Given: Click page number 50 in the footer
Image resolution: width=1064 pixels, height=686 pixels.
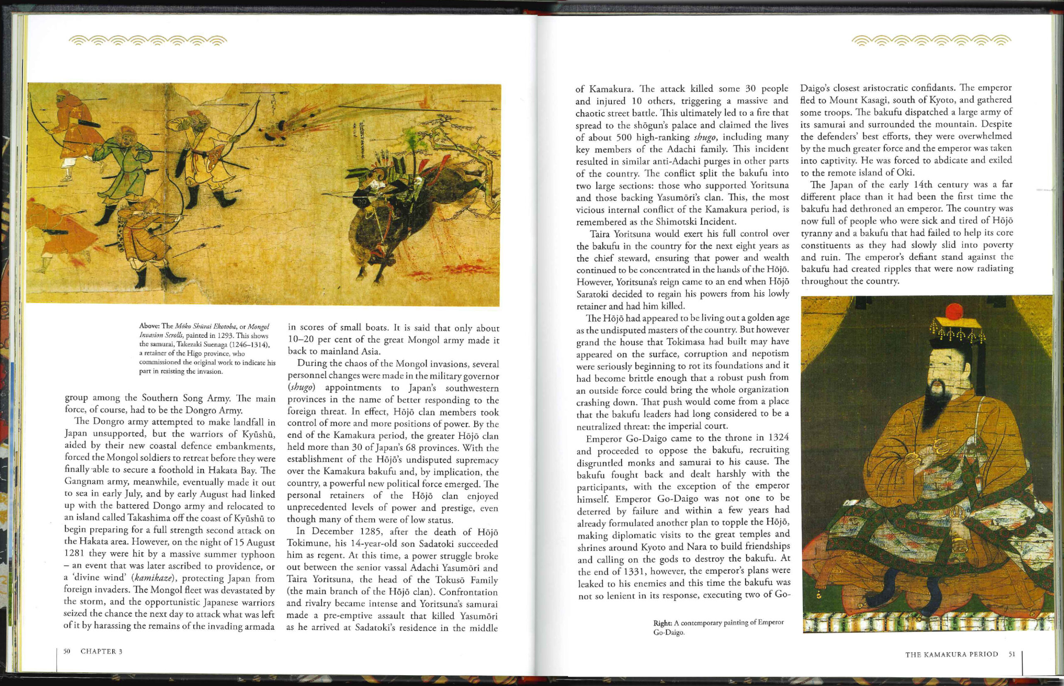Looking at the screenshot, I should click(x=67, y=651).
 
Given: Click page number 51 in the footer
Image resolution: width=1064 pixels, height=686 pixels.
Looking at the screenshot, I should click(x=1012, y=654).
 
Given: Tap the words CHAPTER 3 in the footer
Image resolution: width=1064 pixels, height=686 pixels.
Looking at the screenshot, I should click(x=101, y=651).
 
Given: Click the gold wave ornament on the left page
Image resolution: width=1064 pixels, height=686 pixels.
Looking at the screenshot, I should click(x=148, y=41).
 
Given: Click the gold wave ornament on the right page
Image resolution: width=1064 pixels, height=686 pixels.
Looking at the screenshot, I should click(x=931, y=41).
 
